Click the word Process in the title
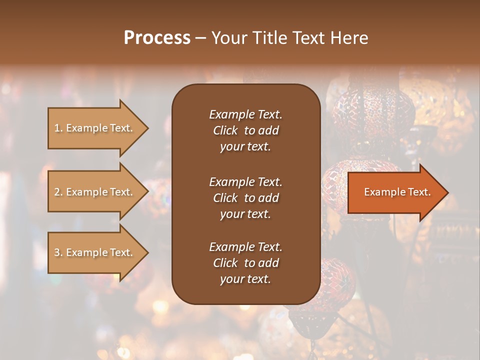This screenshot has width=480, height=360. coord(157,38)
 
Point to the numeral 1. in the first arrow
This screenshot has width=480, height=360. coord(58,128)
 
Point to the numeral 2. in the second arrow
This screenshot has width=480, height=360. coord(58,192)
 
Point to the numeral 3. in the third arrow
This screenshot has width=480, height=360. coord(58,252)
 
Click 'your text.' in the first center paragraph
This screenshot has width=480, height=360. coord(245,147)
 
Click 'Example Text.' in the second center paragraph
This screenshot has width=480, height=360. coord(245,182)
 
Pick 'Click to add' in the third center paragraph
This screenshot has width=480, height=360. coord(245,263)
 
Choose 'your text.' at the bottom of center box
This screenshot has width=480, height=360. coord(245,279)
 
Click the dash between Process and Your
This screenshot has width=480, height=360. coord(200,38)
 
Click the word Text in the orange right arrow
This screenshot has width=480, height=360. coord(419,192)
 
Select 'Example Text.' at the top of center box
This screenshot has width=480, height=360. coord(245,114)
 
